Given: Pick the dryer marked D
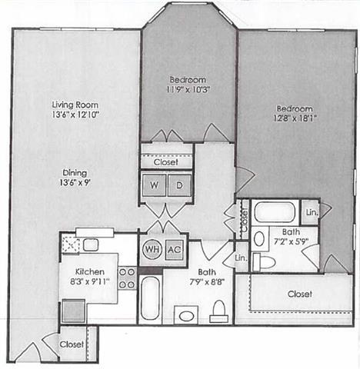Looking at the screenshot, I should click(x=179, y=184).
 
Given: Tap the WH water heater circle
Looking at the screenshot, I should click(x=151, y=250).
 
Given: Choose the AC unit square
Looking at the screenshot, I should click(x=174, y=250).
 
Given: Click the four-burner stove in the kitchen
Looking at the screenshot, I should click(x=128, y=278).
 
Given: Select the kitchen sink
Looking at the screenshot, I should click(x=90, y=244).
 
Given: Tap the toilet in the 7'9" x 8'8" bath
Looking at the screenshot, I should click(x=218, y=310).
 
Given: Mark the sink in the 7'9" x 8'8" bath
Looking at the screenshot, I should click(x=185, y=314).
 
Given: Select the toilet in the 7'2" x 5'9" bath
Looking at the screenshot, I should click(x=263, y=261).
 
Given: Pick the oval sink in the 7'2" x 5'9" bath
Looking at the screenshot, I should click(x=259, y=238).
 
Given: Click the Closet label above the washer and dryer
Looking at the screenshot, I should click(x=166, y=162).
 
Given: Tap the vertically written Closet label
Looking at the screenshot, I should click(x=244, y=218).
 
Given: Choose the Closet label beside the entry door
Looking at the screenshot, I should click(x=72, y=344).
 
